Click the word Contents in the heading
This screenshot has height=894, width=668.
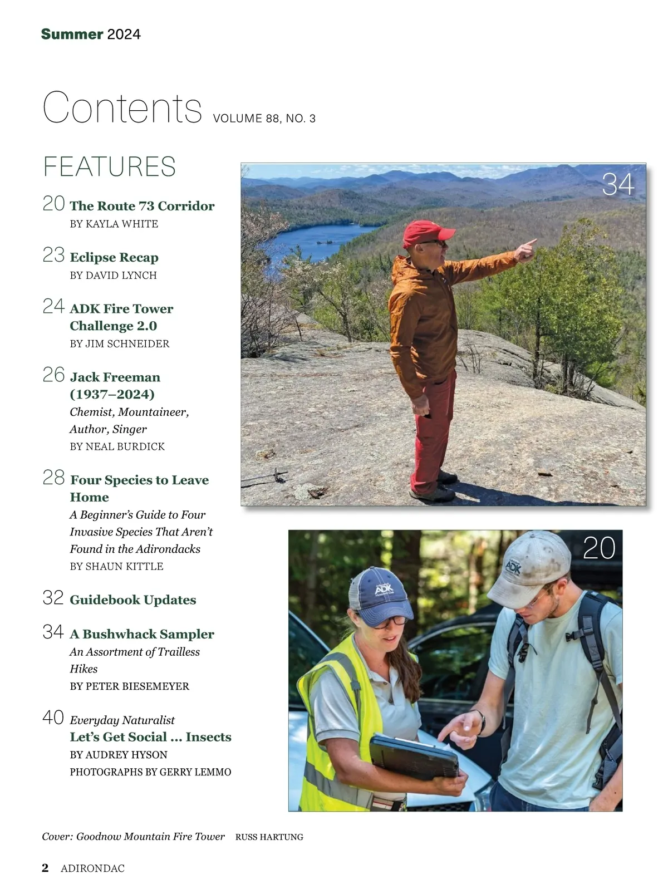122,107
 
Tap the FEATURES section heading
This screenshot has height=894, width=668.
110,167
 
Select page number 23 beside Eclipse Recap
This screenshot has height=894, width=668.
53,255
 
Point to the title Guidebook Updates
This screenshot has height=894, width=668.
133,600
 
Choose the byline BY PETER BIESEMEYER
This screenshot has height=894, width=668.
130,686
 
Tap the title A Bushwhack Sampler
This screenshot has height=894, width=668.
142,634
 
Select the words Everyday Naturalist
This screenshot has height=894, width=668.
122,720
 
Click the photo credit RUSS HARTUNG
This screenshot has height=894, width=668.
269,837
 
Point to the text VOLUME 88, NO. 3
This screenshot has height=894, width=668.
264,119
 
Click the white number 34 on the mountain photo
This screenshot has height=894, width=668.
618,185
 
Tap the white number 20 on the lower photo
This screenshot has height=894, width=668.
599,548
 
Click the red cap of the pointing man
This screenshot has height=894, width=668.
424,232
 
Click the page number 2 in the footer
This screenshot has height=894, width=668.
45,868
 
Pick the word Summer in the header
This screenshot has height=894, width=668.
72,35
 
